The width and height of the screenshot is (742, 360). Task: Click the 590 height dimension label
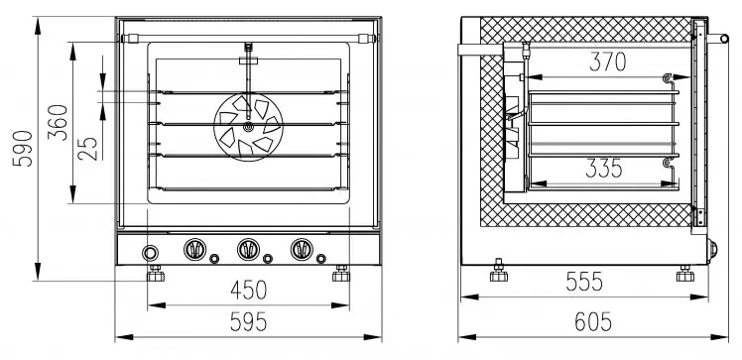coord(23,149)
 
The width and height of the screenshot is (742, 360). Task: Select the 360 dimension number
coord(58,123)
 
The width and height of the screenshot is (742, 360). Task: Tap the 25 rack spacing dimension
coord(88,149)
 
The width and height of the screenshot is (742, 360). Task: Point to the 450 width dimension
coord(249,290)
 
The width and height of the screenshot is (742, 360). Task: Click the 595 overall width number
coord(249,322)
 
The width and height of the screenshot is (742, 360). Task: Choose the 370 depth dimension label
coord(608,61)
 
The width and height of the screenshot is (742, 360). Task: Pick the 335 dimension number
coord(604,169)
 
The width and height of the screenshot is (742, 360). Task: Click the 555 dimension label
coord(584,282)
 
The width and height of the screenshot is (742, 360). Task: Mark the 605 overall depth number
coord(593,322)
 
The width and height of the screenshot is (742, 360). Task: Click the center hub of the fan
coord(248,126)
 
